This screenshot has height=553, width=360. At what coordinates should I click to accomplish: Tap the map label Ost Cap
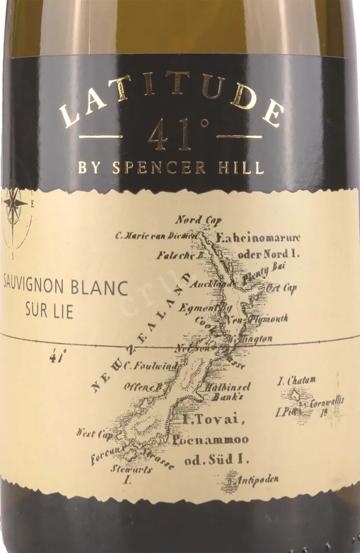click(281, 288)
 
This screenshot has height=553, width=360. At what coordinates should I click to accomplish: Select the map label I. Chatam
click(296, 380)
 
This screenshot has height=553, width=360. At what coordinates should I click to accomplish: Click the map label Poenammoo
click(211, 440)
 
